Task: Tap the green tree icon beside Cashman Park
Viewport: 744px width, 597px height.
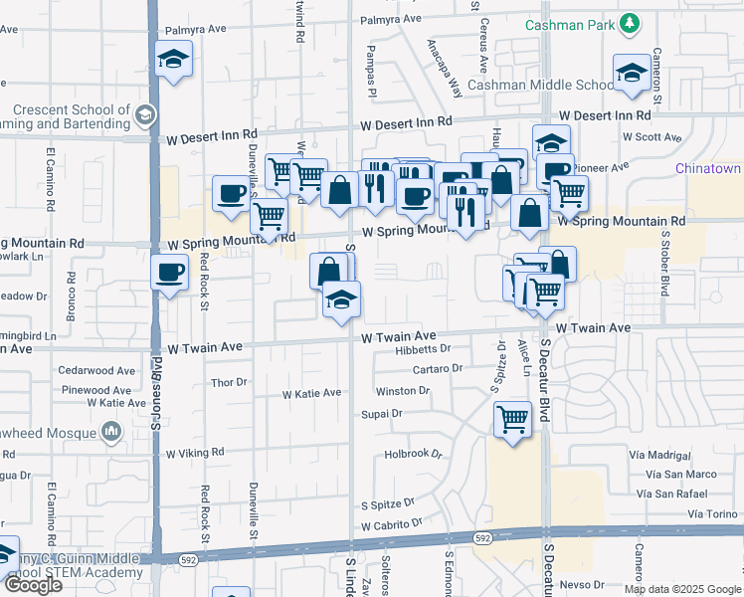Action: (x=628, y=23)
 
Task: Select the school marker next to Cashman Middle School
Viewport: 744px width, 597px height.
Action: (x=632, y=73)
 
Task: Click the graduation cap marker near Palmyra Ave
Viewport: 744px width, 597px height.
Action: (x=174, y=60)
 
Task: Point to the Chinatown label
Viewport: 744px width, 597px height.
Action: (x=708, y=169)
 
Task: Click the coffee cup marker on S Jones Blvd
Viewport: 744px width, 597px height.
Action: (x=169, y=272)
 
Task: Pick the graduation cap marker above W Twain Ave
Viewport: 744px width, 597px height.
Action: (x=341, y=299)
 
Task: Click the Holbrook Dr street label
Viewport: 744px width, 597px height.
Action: (x=413, y=455)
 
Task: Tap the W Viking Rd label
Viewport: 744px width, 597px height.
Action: (x=196, y=453)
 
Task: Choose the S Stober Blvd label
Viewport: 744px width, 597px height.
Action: (x=663, y=264)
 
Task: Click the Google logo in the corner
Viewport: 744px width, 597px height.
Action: (x=32, y=585)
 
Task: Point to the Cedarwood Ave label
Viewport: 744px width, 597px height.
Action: (x=96, y=369)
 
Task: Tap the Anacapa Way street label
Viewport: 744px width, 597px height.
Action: (x=445, y=69)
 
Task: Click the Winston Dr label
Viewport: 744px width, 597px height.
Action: (x=402, y=391)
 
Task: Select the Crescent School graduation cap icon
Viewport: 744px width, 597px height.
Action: (x=145, y=115)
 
